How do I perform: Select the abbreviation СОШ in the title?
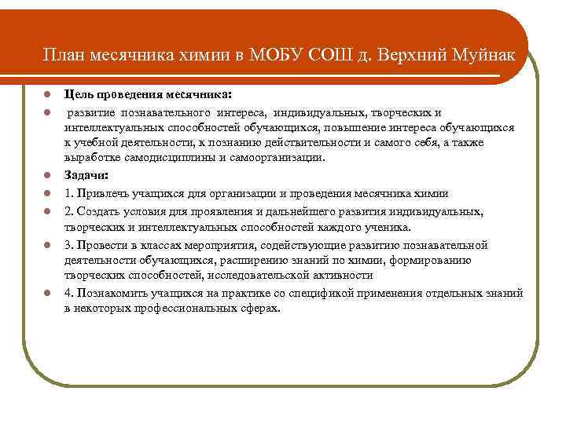click(x=331, y=57)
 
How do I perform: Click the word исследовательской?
click(x=265, y=276)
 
